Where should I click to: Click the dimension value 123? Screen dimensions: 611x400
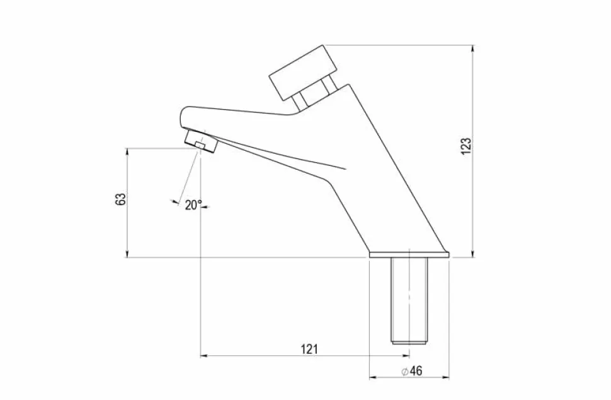466,146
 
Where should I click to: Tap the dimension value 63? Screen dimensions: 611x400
121,199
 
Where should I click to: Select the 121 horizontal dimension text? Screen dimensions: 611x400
309,350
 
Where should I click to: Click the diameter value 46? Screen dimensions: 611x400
416,371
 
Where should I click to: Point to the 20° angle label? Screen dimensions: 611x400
193,205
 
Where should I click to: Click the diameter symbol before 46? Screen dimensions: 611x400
404,371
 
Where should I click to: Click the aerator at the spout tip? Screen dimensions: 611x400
201,141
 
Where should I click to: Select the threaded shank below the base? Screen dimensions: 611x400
409,300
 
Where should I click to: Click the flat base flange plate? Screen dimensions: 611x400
409,254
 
